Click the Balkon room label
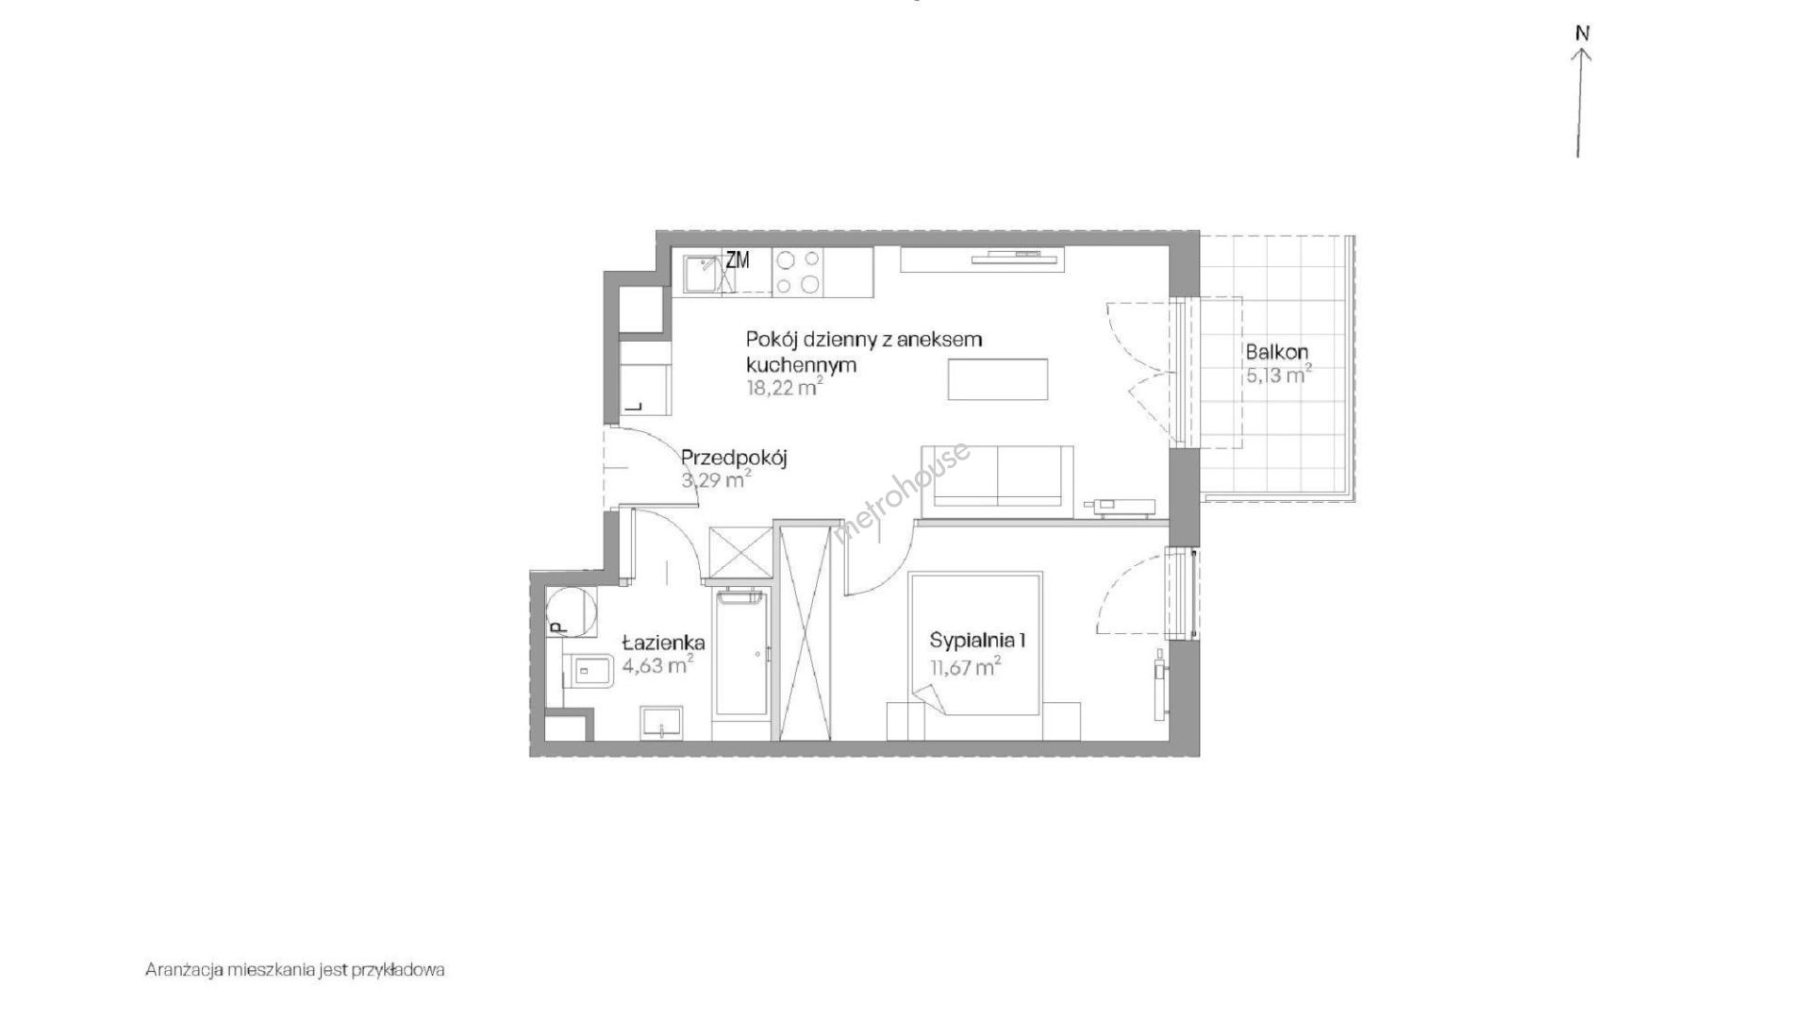pos(1276,353)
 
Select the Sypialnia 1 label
pos(978,641)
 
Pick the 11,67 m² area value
pos(962,668)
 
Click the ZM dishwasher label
pos(738,260)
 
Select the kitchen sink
pos(702,274)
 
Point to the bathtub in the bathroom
pos(741,666)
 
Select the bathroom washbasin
pos(663,724)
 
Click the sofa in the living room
pos(996,481)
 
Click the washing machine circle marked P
pos(571,611)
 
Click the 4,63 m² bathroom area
pos(658,666)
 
